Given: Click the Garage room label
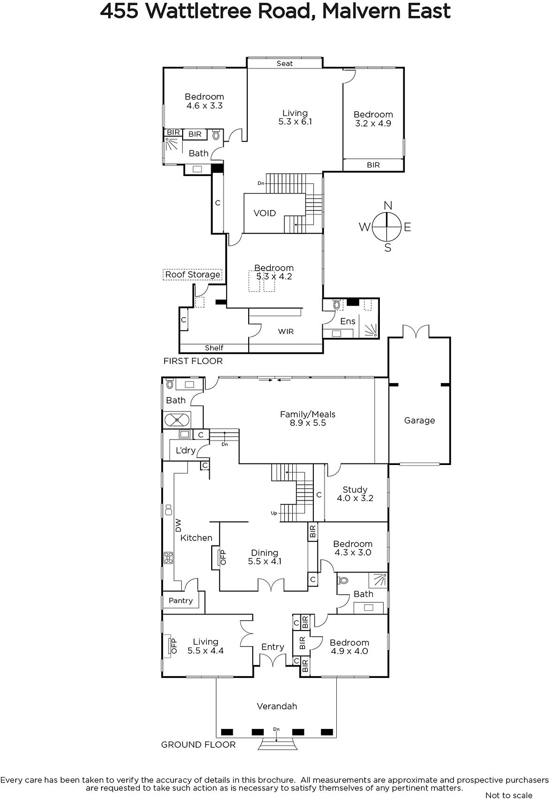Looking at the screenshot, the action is (419, 420).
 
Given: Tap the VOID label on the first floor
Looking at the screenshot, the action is (265, 213).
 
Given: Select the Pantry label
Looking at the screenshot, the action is (181, 600).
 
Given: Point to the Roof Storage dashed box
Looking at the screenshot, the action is (193, 274).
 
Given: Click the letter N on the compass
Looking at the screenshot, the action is (388, 205).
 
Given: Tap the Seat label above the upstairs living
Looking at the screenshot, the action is (284, 63).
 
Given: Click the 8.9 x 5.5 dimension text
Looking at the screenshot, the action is (308, 423).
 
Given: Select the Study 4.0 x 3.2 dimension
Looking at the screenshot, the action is (355, 498).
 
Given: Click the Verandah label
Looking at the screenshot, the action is (277, 706).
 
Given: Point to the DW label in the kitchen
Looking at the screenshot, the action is (178, 525).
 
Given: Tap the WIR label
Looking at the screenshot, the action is (286, 331).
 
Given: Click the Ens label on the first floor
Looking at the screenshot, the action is (348, 321).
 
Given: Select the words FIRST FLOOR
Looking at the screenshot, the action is (193, 361).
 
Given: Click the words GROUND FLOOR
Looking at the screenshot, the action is (198, 744).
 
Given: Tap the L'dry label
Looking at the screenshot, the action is (186, 450).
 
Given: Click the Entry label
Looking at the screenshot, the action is (273, 647).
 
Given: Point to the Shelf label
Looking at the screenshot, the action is (214, 348).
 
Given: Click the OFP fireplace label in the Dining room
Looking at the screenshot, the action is (223, 557).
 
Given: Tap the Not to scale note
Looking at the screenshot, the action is (509, 795).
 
